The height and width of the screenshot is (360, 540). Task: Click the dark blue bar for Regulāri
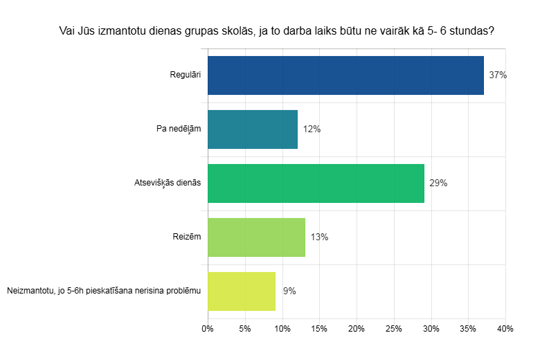(345, 75)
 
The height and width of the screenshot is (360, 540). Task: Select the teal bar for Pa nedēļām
(253, 129)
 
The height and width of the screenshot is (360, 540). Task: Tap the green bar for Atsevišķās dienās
(316, 183)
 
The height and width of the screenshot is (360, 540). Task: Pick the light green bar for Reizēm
(256, 237)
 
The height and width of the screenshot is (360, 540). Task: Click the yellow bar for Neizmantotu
(242, 291)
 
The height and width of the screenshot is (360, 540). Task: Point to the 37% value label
(498, 75)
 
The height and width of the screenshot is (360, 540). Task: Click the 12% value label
(312, 129)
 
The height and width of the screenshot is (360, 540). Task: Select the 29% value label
(438, 183)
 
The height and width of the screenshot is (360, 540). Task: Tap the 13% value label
(319, 237)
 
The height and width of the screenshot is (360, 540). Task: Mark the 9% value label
(289, 291)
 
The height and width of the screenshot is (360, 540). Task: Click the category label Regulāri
(185, 75)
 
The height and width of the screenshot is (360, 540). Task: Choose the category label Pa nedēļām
(179, 129)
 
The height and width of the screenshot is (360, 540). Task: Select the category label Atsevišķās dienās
(168, 183)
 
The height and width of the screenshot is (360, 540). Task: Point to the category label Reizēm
(187, 237)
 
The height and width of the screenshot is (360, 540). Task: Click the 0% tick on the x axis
(208, 328)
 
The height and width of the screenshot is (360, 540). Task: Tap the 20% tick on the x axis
(357, 328)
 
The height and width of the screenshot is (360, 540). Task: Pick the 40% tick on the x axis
(505, 328)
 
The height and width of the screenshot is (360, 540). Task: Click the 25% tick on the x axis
(393, 328)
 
